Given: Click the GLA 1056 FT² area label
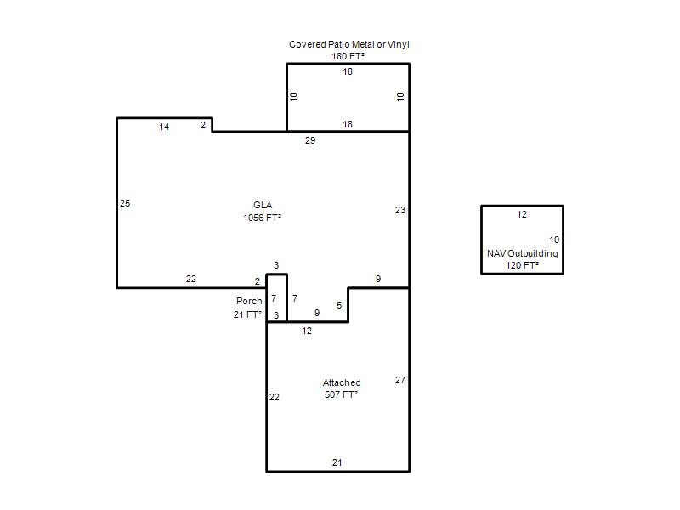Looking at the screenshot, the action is [263, 211].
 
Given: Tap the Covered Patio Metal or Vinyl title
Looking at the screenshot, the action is [349, 44].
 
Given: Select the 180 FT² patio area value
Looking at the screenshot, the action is [348, 56].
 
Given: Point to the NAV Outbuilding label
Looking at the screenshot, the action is [522, 253].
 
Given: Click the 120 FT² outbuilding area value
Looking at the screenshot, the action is [522, 265].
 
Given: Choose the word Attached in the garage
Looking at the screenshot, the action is [342, 382].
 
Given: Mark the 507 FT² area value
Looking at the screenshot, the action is [342, 394].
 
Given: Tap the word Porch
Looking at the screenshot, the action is [249, 301].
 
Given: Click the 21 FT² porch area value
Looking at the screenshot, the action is [247, 314].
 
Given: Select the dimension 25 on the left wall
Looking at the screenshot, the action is [125, 203].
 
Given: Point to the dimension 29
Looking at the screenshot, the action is [310, 140].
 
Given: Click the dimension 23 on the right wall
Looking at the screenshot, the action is [400, 210].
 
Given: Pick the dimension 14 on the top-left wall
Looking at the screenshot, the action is [164, 127].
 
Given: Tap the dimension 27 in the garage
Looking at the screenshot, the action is [400, 380].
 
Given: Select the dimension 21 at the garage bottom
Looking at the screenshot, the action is [337, 462].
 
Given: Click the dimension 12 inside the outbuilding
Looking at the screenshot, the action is [522, 215].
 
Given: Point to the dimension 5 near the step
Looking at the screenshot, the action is [339, 305].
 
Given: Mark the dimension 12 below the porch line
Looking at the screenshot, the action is [307, 331].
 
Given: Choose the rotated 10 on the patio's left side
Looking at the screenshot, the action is [293, 97].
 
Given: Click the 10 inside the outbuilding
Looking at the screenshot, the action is [554, 240].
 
